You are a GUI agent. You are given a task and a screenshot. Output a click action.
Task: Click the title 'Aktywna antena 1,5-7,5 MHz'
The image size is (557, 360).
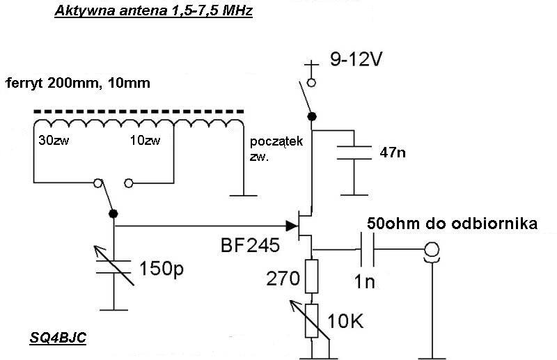tap(152, 12)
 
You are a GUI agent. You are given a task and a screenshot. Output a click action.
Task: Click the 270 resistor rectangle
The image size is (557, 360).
tap(311, 275)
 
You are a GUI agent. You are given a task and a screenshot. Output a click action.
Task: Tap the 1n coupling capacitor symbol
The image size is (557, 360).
tap(367, 249)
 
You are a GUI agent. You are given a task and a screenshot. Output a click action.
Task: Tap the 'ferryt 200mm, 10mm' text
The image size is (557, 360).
tap(77, 84)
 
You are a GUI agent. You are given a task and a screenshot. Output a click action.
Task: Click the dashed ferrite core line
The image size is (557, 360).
tap(139, 110)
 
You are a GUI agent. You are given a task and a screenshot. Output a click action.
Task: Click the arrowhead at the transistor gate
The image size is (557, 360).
tap(290, 225)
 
